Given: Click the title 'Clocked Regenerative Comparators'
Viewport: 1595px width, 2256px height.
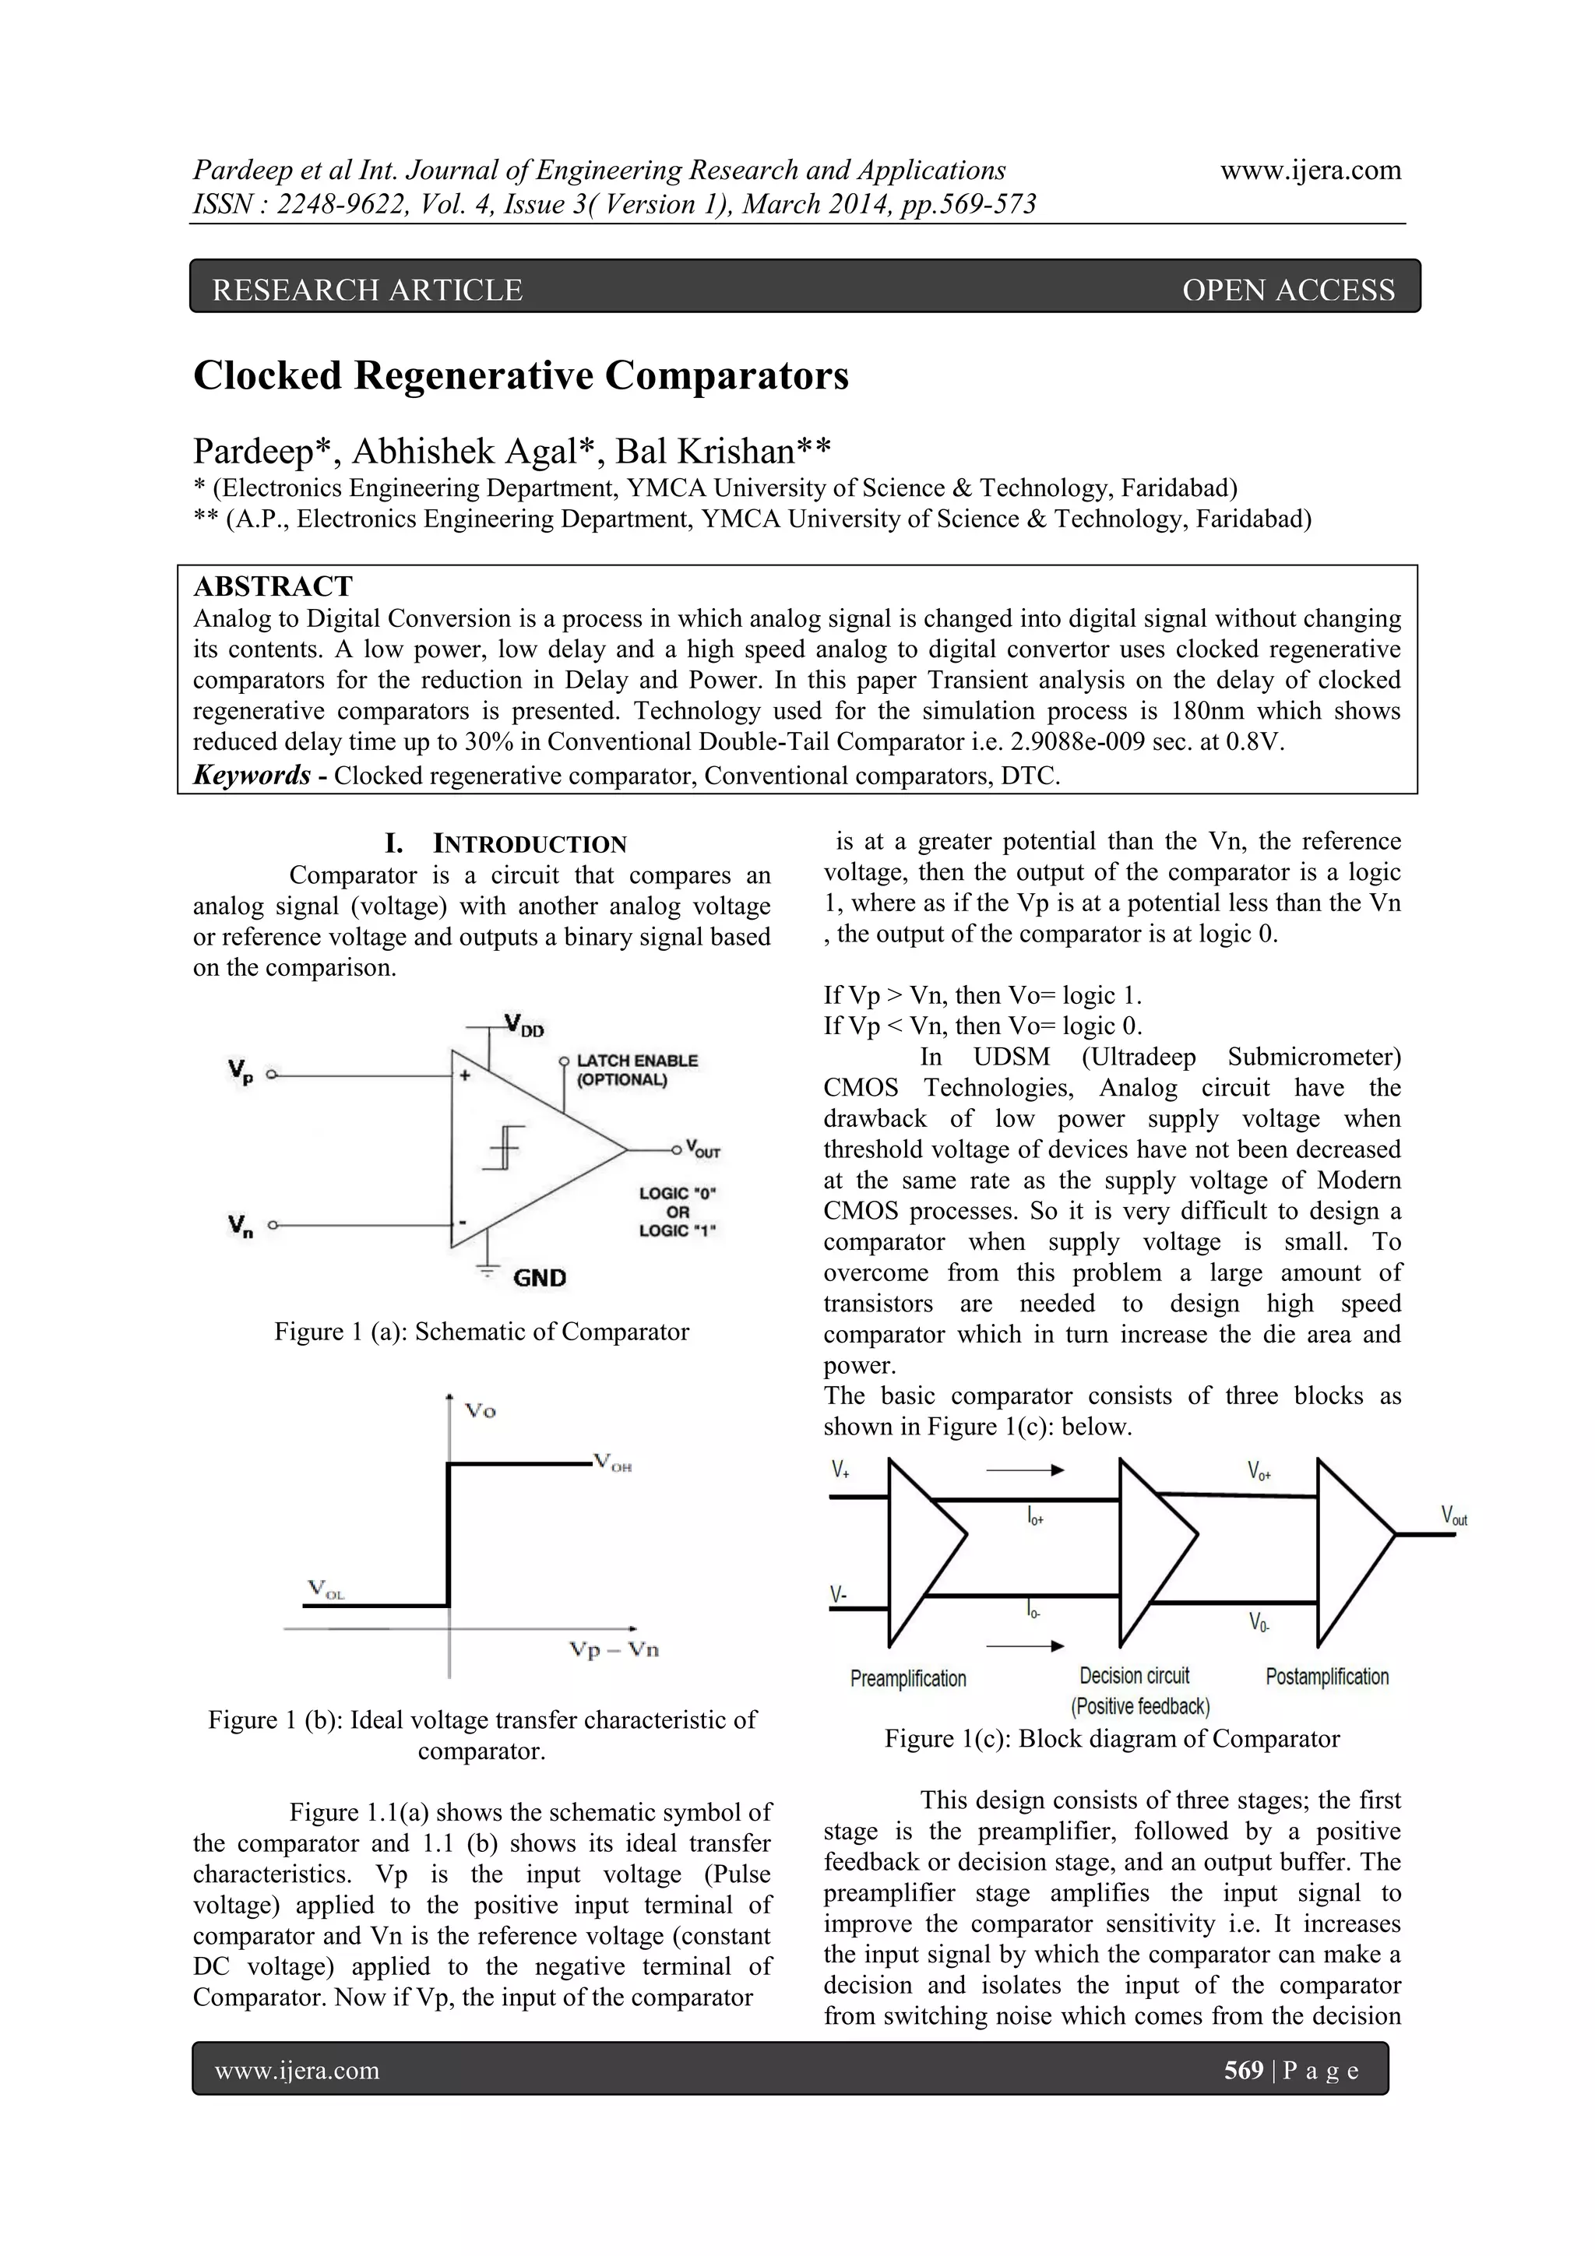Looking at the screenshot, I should (521, 376).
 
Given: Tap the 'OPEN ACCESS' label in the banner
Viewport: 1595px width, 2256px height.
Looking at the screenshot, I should (1287, 290).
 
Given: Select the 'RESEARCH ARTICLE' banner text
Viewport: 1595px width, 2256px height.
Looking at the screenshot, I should (368, 290).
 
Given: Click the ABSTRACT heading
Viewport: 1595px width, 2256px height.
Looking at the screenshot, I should (273, 586).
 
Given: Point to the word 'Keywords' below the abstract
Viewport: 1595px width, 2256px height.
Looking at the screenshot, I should (252, 776).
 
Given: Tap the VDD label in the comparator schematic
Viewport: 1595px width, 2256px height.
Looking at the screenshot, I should (525, 1026).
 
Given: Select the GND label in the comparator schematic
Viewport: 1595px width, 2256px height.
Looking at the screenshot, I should (540, 1277).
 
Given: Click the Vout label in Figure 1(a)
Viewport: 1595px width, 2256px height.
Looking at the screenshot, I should (702, 1149).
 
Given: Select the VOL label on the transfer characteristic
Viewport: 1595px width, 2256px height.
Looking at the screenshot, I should (326, 1589).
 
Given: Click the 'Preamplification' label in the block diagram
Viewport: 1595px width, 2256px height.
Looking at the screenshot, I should (908, 1678).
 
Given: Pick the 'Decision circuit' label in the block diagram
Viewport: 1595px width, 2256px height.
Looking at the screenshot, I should (1134, 1675).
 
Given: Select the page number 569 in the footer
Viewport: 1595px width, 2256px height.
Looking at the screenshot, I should (1243, 2071).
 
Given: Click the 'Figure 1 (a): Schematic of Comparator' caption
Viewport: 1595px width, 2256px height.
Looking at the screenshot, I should (481, 1332).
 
